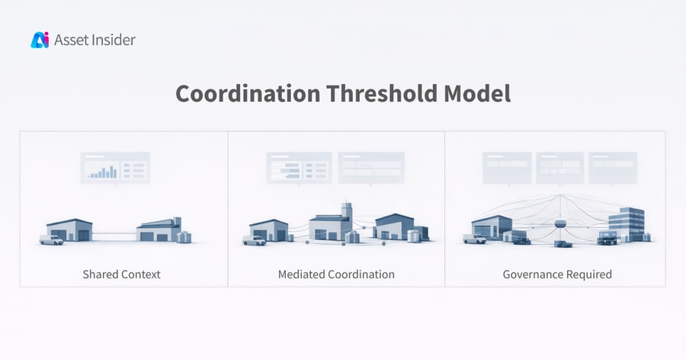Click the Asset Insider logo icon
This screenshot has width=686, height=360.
click(40, 40)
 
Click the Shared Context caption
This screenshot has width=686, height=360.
click(122, 274)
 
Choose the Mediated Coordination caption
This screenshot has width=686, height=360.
click(336, 274)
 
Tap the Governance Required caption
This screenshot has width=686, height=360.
click(557, 274)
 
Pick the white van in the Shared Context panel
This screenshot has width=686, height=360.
click(52, 240)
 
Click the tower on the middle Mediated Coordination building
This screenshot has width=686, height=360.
click(348, 210)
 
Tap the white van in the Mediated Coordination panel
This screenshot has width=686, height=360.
click(255, 240)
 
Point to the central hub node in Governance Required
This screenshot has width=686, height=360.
click(562, 223)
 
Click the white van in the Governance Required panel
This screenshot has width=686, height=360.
click(474, 239)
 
